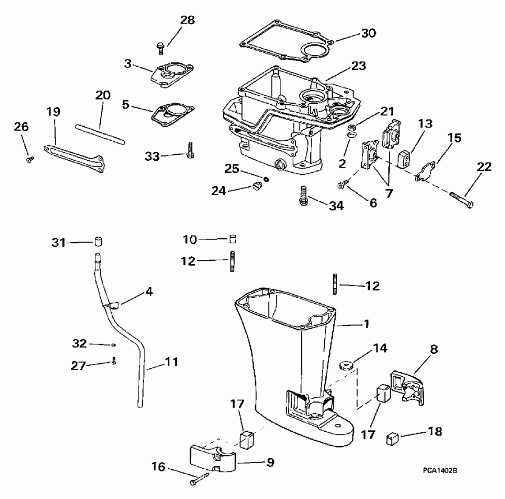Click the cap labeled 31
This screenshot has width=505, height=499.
[x=98, y=242]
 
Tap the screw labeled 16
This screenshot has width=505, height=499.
[x=200, y=477]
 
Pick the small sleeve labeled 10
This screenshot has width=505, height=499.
[x=231, y=239]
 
